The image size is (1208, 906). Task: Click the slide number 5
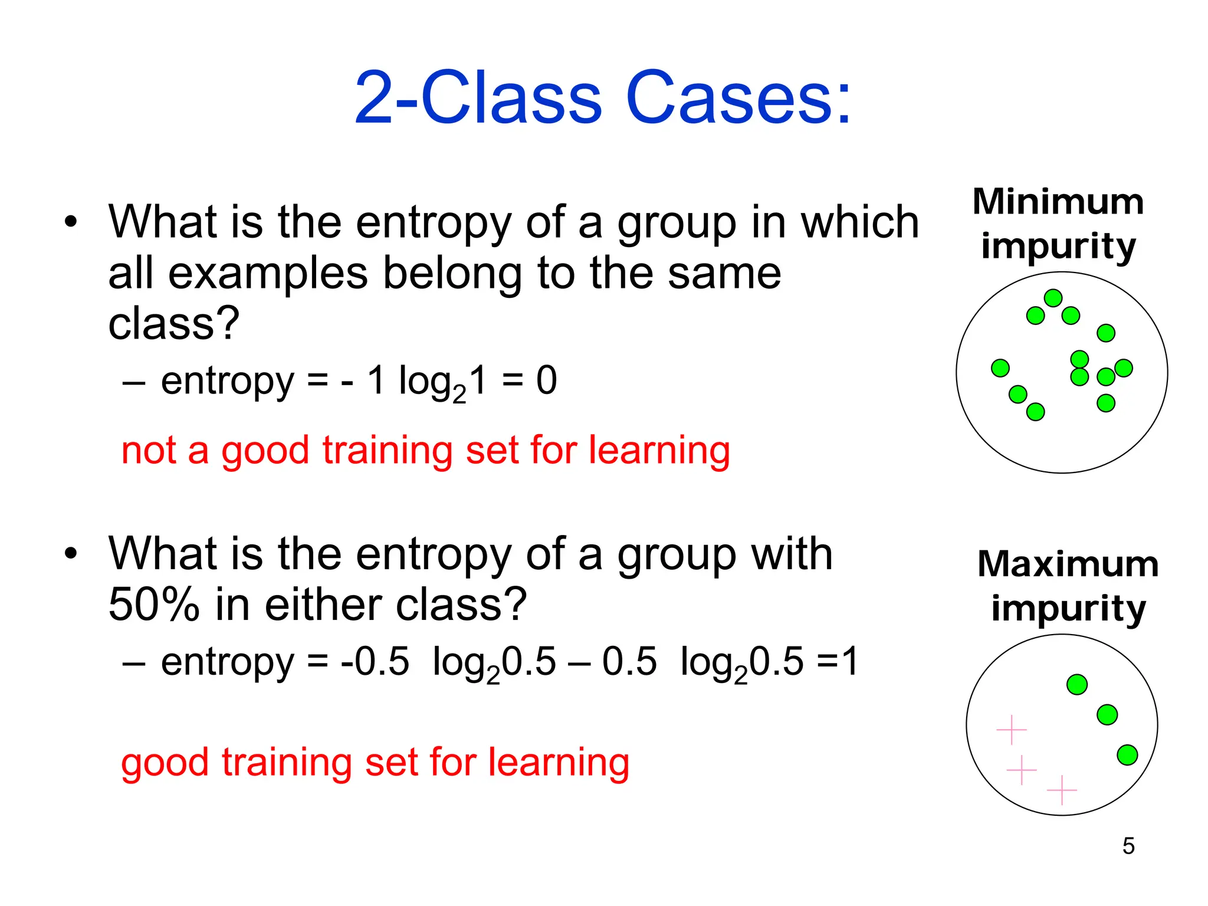(1128, 846)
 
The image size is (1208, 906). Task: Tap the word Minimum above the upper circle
(1058, 202)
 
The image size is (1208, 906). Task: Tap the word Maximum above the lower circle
(1068, 564)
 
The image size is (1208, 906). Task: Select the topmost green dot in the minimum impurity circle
(1053, 298)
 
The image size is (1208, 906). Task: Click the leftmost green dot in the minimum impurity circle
(1000, 368)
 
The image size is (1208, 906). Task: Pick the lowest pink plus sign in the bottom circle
(1062, 790)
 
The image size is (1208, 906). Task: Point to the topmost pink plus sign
(1012, 730)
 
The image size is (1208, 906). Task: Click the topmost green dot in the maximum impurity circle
(1077, 684)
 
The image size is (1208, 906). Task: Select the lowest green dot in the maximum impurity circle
(1127, 754)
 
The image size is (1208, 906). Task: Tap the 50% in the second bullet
(154, 605)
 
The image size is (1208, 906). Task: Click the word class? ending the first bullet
(173, 324)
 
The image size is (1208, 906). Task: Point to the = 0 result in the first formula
(529, 380)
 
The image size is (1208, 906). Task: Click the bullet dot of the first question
(71, 223)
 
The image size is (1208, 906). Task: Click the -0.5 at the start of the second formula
(375, 662)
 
